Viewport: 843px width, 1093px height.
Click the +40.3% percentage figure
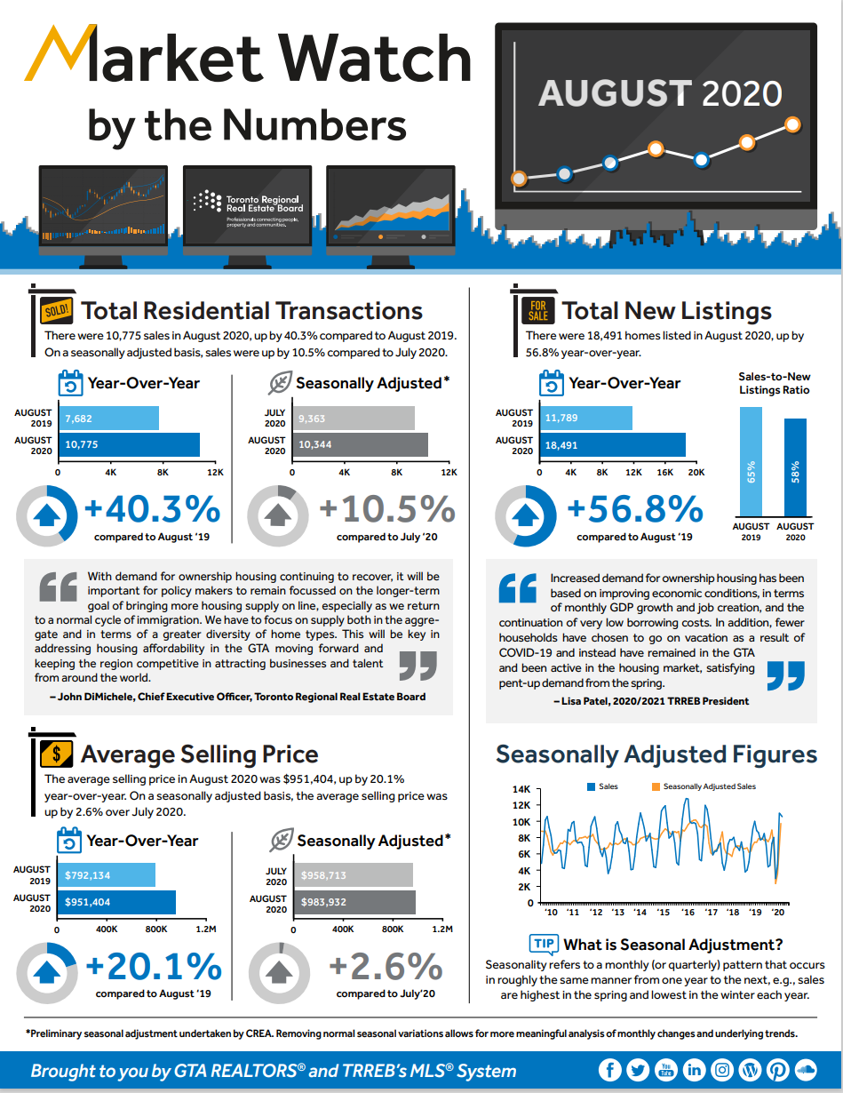(152, 510)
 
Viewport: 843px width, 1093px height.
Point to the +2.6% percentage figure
(386, 966)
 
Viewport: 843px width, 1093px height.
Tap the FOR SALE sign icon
(538, 311)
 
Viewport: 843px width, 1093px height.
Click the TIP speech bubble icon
(542, 944)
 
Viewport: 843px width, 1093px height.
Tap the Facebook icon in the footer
(609, 1070)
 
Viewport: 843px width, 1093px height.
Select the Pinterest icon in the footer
(777, 1070)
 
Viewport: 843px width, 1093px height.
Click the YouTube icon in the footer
(665, 1070)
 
